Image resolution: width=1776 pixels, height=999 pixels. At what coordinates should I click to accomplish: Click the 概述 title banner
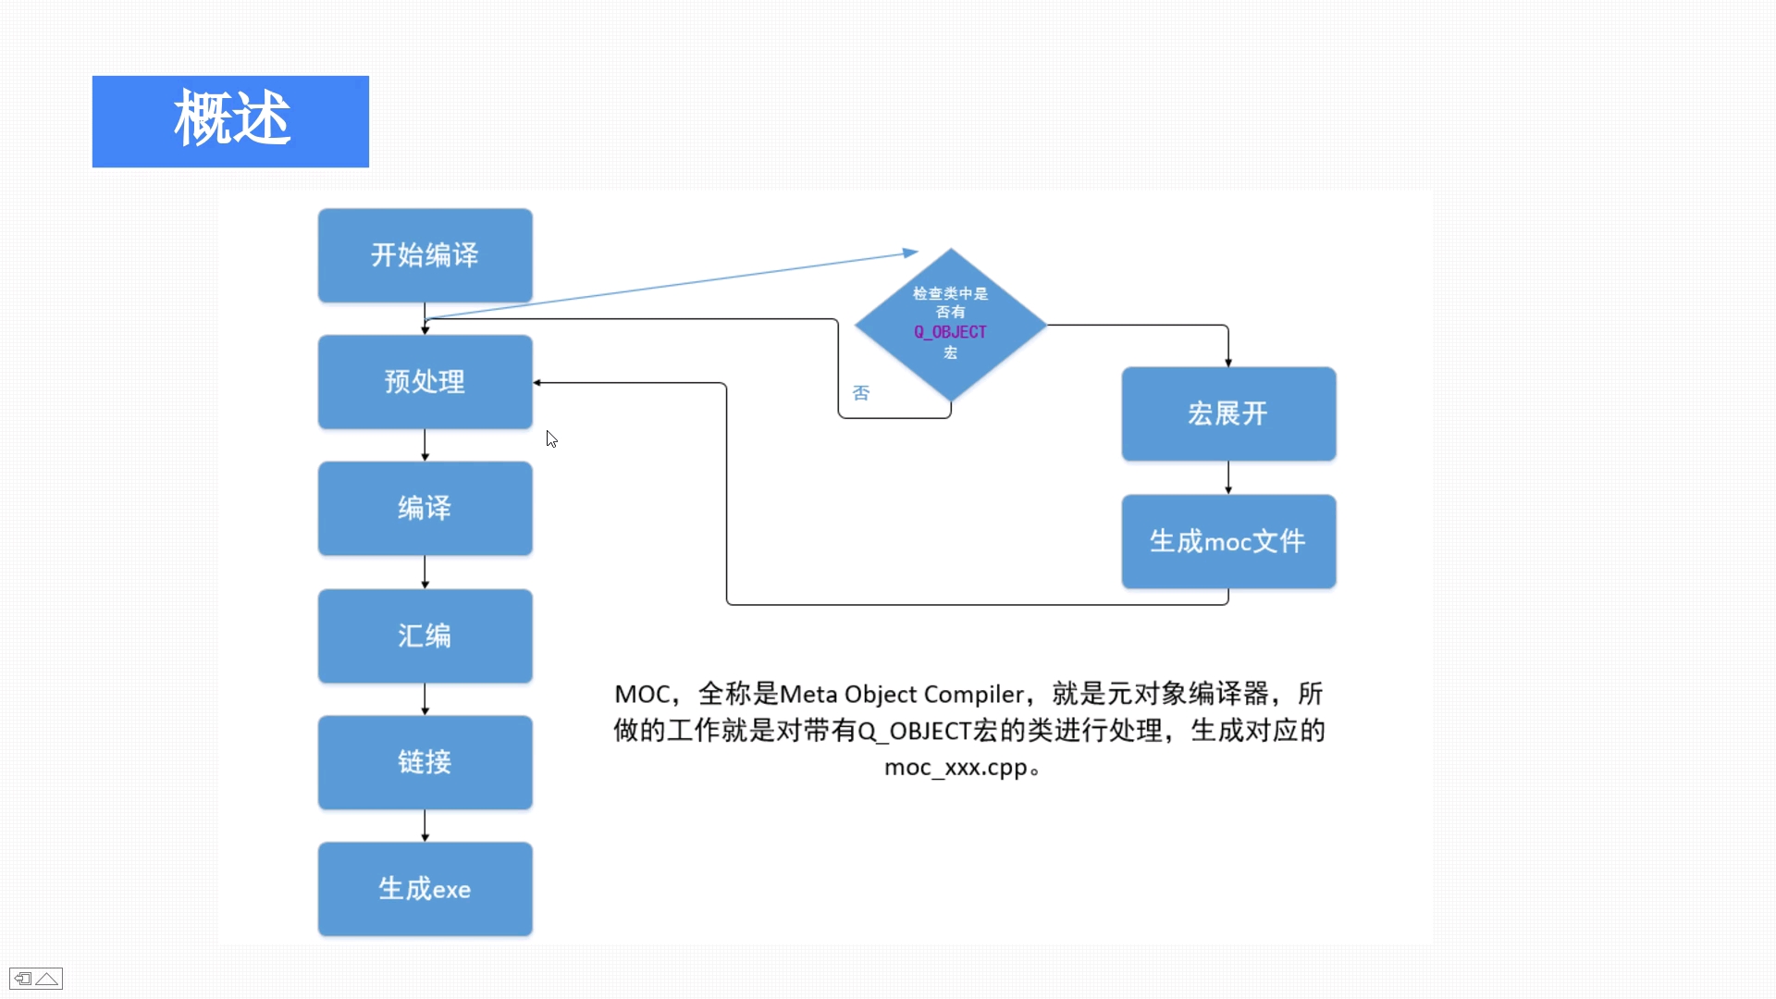[x=230, y=121]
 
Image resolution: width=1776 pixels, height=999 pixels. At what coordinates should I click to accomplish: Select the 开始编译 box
[x=425, y=255]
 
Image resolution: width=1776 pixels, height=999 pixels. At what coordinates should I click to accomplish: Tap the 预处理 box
[x=425, y=382]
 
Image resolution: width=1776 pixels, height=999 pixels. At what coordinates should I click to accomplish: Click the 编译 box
[x=425, y=508]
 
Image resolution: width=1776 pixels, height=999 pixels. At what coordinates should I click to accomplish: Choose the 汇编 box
[x=425, y=635]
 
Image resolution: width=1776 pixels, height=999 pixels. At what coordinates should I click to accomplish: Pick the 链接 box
[x=425, y=762]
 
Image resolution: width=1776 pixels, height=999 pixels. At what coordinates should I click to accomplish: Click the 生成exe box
[x=425, y=889]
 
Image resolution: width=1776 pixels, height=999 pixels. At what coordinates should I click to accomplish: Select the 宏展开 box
[x=1228, y=413]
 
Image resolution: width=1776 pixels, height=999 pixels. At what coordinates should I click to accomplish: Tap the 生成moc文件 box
[x=1228, y=541]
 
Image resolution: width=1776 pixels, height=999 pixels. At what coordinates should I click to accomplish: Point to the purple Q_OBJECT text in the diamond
[x=950, y=332]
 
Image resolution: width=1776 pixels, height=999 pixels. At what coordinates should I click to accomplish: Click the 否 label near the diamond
[x=861, y=393]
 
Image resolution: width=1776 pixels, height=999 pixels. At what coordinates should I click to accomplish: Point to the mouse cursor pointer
[x=551, y=439]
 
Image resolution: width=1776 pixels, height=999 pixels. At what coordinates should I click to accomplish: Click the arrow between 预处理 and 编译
[x=425, y=445]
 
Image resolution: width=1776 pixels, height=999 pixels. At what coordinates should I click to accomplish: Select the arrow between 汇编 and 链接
[x=425, y=699]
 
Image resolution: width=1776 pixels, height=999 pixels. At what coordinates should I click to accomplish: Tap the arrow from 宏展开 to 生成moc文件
[x=1228, y=477]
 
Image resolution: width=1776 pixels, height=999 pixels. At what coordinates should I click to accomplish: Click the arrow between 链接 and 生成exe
[x=425, y=825]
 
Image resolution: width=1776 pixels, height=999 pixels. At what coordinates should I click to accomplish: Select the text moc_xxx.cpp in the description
[x=956, y=768]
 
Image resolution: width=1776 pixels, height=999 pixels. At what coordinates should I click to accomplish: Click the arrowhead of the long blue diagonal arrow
[x=911, y=252]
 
